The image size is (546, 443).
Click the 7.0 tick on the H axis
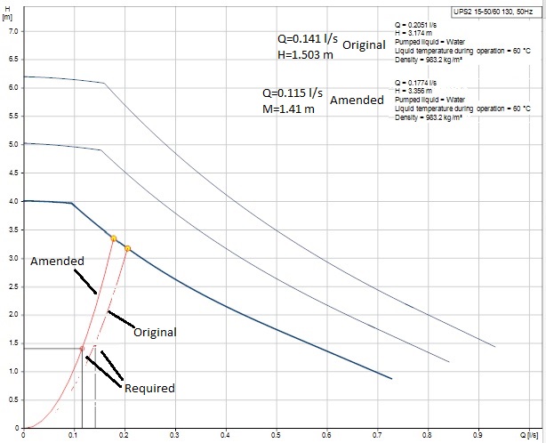[x=12, y=31]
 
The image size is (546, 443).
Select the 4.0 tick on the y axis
[x=12, y=201]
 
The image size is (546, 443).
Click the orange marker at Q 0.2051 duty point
[x=127, y=248]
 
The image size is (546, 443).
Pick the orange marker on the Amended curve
[x=114, y=238]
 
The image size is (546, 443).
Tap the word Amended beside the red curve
[x=57, y=262]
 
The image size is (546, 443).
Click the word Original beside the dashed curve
[x=154, y=332]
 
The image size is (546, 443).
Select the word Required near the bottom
[x=149, y=388]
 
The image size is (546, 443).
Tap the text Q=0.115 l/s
[x=292, y=93]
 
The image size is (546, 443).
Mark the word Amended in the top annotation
[x=357, y=101]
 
